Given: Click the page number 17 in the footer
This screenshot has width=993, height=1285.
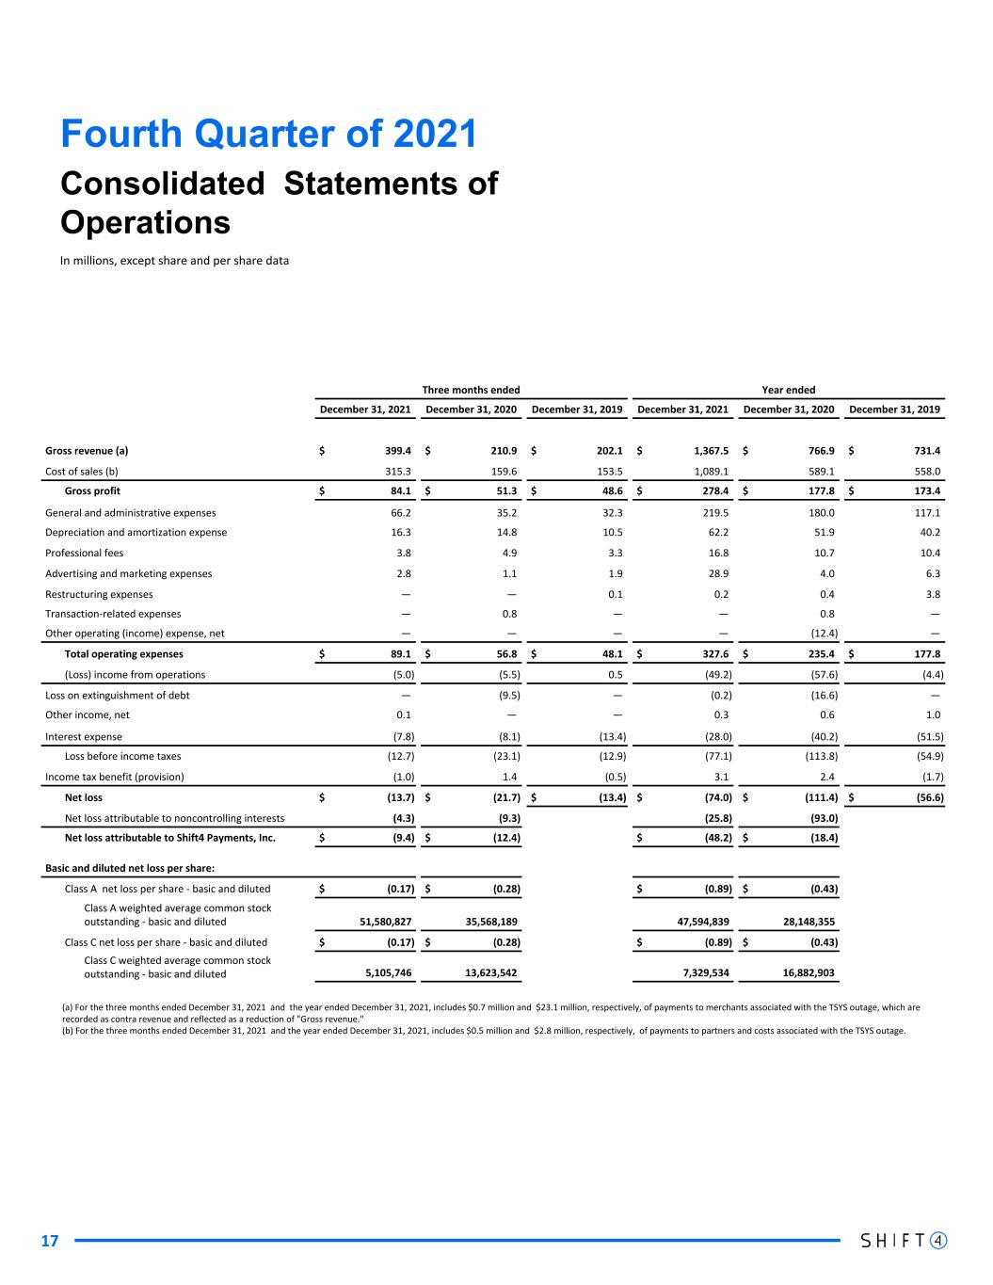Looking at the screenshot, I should click(x=50, y=1241).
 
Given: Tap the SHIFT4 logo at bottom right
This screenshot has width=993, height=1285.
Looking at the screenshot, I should click(x=904, y=1240).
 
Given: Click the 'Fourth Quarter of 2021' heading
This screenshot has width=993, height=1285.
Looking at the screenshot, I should click(x=268, y=135).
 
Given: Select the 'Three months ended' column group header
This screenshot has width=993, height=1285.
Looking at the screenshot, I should click(x=471, y=390).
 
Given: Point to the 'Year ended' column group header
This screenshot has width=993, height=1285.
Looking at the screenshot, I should click(x=788, y=390).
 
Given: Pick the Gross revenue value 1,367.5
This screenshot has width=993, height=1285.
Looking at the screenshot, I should click(x=705, y=451).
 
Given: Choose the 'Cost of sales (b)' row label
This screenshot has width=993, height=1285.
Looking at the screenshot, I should click(x=82, y=472).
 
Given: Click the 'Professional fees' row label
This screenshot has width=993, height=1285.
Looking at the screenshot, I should click(x=85, y=554).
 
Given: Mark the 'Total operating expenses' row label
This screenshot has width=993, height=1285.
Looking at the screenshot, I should click(x=123, y=654).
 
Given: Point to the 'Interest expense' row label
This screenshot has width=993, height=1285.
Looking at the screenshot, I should click(x=84, y=737).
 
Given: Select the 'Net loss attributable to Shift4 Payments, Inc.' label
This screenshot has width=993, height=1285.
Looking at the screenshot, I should click(x=169, y=838).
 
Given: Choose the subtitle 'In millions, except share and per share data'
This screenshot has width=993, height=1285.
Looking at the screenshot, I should click(x=174, y=261).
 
